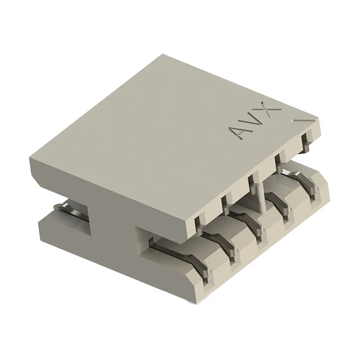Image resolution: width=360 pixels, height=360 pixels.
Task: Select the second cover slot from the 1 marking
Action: coord(278,163)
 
